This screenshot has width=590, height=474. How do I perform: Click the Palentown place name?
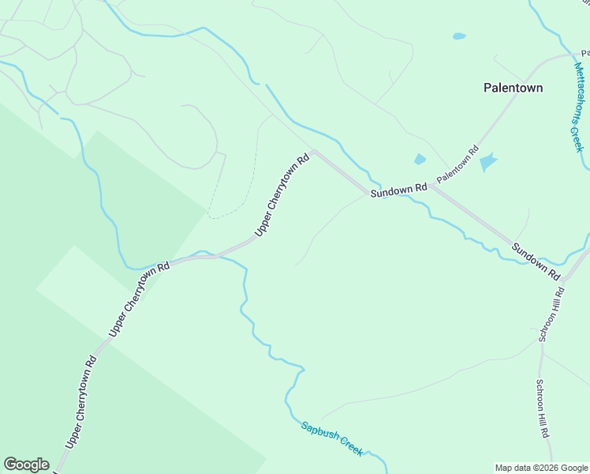click(x=513, y=88)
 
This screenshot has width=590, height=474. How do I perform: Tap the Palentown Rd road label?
click(x=457, y=164)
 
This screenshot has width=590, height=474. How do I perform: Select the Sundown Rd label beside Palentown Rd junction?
click(x=399, y=190)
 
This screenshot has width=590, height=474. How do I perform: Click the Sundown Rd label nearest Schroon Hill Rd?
click(x=536, y=261)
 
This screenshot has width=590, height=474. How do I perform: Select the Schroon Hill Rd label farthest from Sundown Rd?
click(x=544, y=410)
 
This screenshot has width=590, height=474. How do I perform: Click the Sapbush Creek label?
click(x=332, y=438)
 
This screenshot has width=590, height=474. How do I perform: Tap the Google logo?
click(x=26, y=465)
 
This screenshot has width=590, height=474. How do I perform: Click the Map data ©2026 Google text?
click(x=541, y=468)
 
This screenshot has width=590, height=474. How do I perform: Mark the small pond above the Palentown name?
click(x=459, y=36)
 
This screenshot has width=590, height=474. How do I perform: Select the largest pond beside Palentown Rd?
click(x=488, y=163)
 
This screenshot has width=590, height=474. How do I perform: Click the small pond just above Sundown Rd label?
click(x=420, y=160)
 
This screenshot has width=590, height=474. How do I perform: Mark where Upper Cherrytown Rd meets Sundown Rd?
click(x=314, y=152)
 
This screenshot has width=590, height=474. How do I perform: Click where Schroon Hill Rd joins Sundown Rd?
click(x=564, y=279)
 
